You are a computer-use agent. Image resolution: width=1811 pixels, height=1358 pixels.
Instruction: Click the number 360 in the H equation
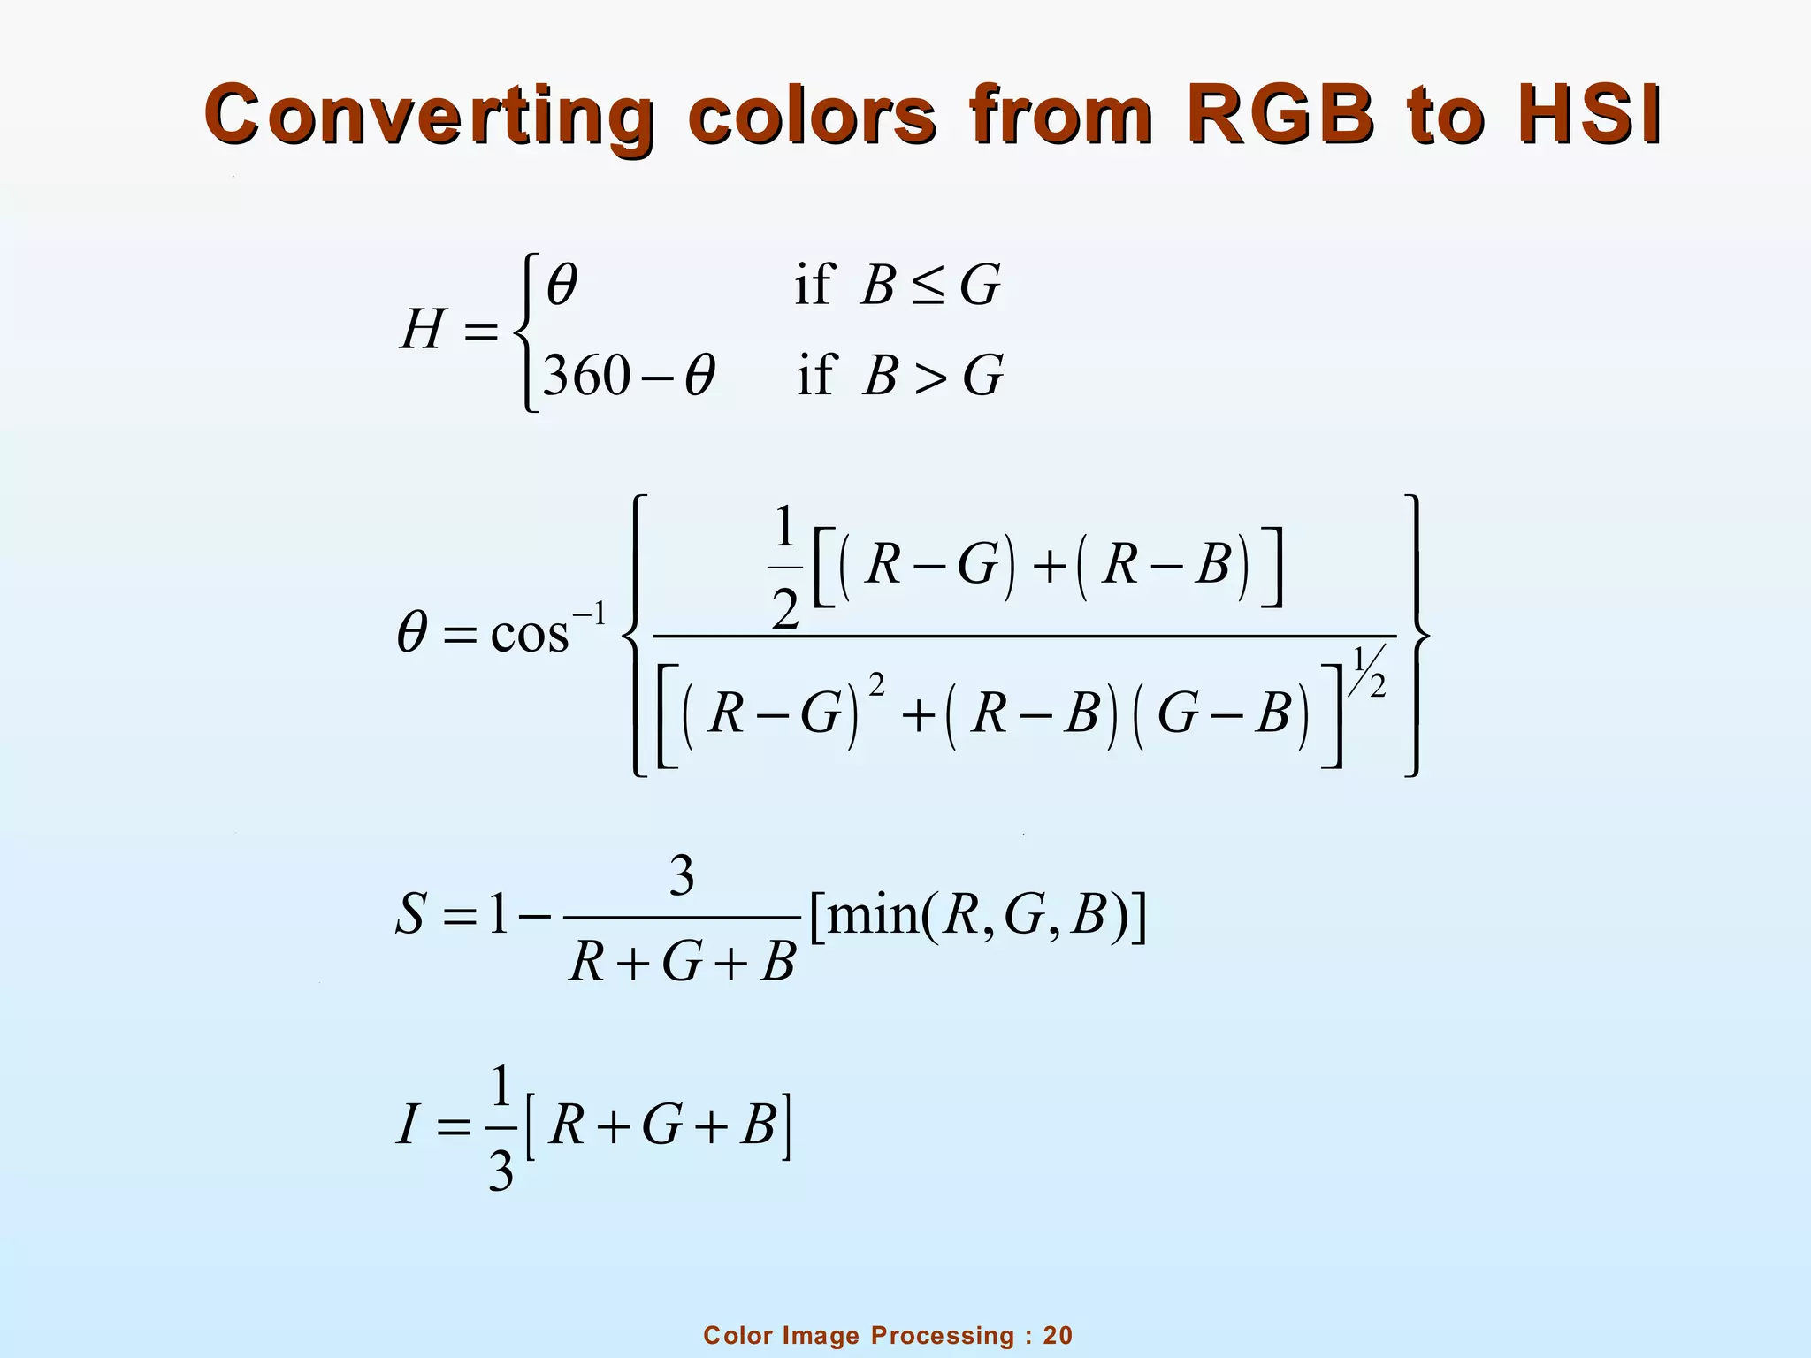(585, 375)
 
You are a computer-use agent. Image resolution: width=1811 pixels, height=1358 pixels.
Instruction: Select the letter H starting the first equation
(422, 331)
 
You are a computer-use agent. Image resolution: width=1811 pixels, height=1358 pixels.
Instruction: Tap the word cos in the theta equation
(529, 634)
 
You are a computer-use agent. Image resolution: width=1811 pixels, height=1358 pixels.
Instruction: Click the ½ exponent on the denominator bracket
(1369, 672)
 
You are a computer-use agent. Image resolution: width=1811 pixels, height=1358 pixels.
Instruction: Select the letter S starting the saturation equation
(411, 915)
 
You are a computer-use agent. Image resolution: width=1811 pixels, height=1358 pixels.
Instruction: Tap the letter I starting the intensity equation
(407, 1127)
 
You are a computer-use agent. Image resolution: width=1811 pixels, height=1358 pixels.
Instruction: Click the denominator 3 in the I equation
(501, 1172)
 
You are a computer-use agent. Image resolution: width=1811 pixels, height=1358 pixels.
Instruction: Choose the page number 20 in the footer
(1058, 1335)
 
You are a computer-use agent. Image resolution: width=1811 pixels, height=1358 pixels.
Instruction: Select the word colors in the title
(812, 116)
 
